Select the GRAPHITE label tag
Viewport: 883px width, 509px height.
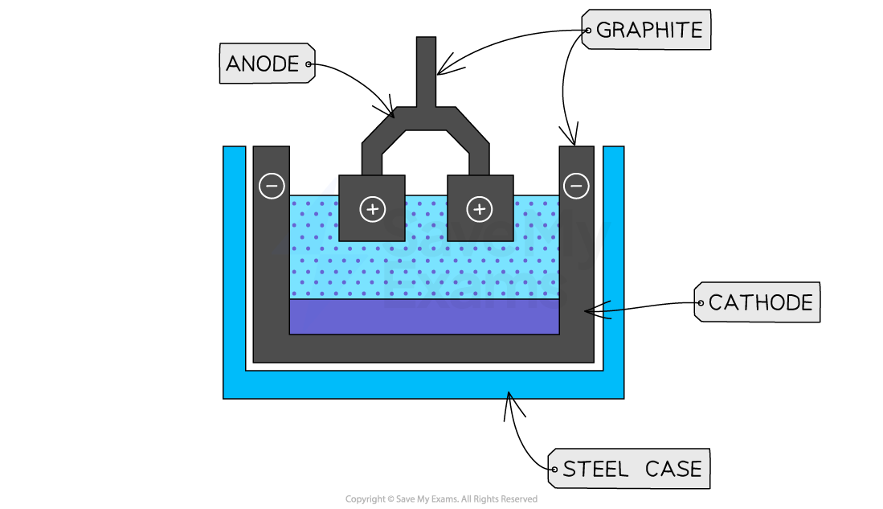pos(647,31)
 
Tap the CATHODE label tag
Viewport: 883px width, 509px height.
pos(758,302)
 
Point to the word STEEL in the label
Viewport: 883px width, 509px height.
pos(595,469)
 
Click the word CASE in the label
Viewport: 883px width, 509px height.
pos(672,469)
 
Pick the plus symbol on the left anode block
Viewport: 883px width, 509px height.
pos(372,210)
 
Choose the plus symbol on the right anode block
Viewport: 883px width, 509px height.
pos(480,210)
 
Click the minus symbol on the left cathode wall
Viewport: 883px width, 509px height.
pos(272,186)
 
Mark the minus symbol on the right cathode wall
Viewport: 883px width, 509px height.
pos(576,186)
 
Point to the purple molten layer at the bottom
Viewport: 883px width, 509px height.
pos(424,317)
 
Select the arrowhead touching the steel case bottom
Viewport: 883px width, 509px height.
pos(509,395)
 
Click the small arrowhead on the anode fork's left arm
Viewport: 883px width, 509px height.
pos(391,114)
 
